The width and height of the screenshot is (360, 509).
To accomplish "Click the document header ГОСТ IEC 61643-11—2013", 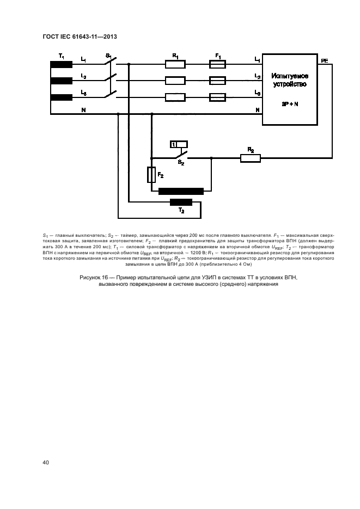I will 80,36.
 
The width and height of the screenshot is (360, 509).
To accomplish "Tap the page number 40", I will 46,462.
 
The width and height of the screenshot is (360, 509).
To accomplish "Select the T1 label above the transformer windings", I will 61,56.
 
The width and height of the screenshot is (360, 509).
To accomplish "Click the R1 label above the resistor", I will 175,56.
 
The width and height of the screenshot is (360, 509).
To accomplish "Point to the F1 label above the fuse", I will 218,56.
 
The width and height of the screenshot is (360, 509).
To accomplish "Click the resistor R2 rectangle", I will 251,158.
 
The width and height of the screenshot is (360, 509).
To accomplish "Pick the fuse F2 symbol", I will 152,175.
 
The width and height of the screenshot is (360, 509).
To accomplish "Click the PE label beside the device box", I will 325,62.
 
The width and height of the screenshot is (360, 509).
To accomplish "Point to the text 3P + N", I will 290,103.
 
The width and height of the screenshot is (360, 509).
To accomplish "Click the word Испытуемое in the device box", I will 290,76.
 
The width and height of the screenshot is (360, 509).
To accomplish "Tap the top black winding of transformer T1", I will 62,64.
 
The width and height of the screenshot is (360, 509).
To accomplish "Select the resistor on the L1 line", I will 175,64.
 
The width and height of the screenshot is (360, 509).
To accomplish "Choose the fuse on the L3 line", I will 218,98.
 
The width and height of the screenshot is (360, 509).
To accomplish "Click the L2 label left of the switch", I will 83,76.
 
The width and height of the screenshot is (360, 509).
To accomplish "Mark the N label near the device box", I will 257,110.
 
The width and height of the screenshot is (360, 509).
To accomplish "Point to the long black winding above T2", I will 181,191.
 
